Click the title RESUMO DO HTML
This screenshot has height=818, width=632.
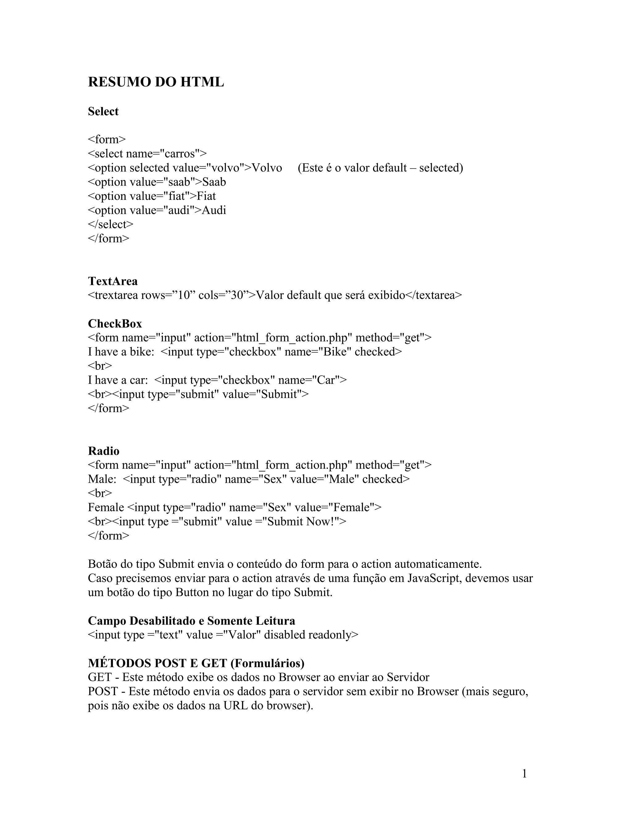[156, 82]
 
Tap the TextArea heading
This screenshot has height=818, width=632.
[113, 281]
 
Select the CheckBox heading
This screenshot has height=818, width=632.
[115, 323]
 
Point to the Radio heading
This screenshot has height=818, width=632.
[104, 451]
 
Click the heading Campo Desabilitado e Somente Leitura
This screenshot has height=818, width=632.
[191, 621]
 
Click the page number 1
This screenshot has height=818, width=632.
[524, 774]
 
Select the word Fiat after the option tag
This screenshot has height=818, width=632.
[206, 196]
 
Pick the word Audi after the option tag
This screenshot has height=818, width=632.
[214, 211]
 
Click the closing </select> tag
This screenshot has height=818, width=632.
[110, 224]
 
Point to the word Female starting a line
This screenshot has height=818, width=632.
[106, 507]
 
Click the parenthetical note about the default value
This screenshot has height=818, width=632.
[380, 168]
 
